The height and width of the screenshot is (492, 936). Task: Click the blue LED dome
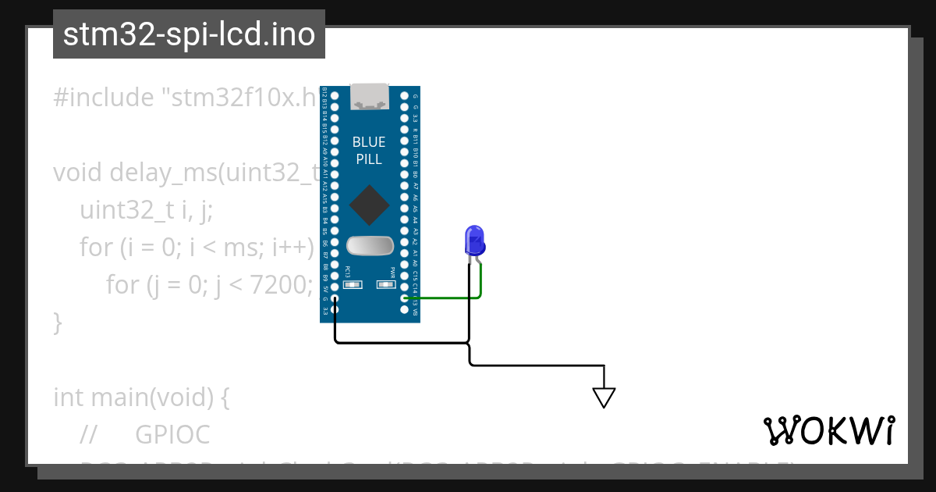pos(473,240)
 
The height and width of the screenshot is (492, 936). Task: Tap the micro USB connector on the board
pos(370,97)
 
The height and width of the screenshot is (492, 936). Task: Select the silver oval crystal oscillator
pos(370,246)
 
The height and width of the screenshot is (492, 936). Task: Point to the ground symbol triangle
pos(604,397)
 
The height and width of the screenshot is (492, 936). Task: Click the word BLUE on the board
pos(369,142)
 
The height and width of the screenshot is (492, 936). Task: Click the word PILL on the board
pos(369,159)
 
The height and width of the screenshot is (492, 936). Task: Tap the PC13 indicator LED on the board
pos(352,285)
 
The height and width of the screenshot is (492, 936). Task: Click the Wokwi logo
pos(829,430)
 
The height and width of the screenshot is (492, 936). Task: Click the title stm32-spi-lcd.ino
pos(189,35)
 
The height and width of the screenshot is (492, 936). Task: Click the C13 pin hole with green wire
pos(405,298)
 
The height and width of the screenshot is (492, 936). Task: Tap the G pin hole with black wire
pos(335,298)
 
